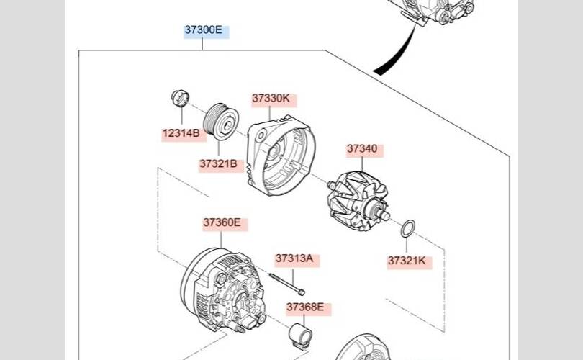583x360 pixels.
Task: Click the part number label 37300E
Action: click(x=204, y=30)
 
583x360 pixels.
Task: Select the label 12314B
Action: click(x=181, y=133)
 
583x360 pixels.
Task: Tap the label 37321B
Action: click(x=218, y=163)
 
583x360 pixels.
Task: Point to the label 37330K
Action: click(x=271, y=99)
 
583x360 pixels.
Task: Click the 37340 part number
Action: click(x=362, y=149)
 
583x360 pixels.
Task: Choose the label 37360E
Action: click(x=222, y=222)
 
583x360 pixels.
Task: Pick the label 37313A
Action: click(x=294, y=258)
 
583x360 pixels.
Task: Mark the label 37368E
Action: click(x=305, y=307)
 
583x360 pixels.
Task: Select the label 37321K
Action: click(x=407, y=261)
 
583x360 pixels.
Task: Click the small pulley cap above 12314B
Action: click(x=181, y=98)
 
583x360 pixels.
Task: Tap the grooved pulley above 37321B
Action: click(x=221, y=121)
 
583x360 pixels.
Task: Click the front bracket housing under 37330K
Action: click(x=281, y=156)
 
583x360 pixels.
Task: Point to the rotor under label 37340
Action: click(x=358, y=201)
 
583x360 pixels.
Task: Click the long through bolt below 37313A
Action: click(x=287, y=284)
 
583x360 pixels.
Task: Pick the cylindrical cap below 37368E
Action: click(x=300, y=336)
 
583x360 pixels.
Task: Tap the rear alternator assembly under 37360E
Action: click(x=224, y=290)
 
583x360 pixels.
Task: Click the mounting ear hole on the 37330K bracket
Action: click(x=261, y=135)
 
